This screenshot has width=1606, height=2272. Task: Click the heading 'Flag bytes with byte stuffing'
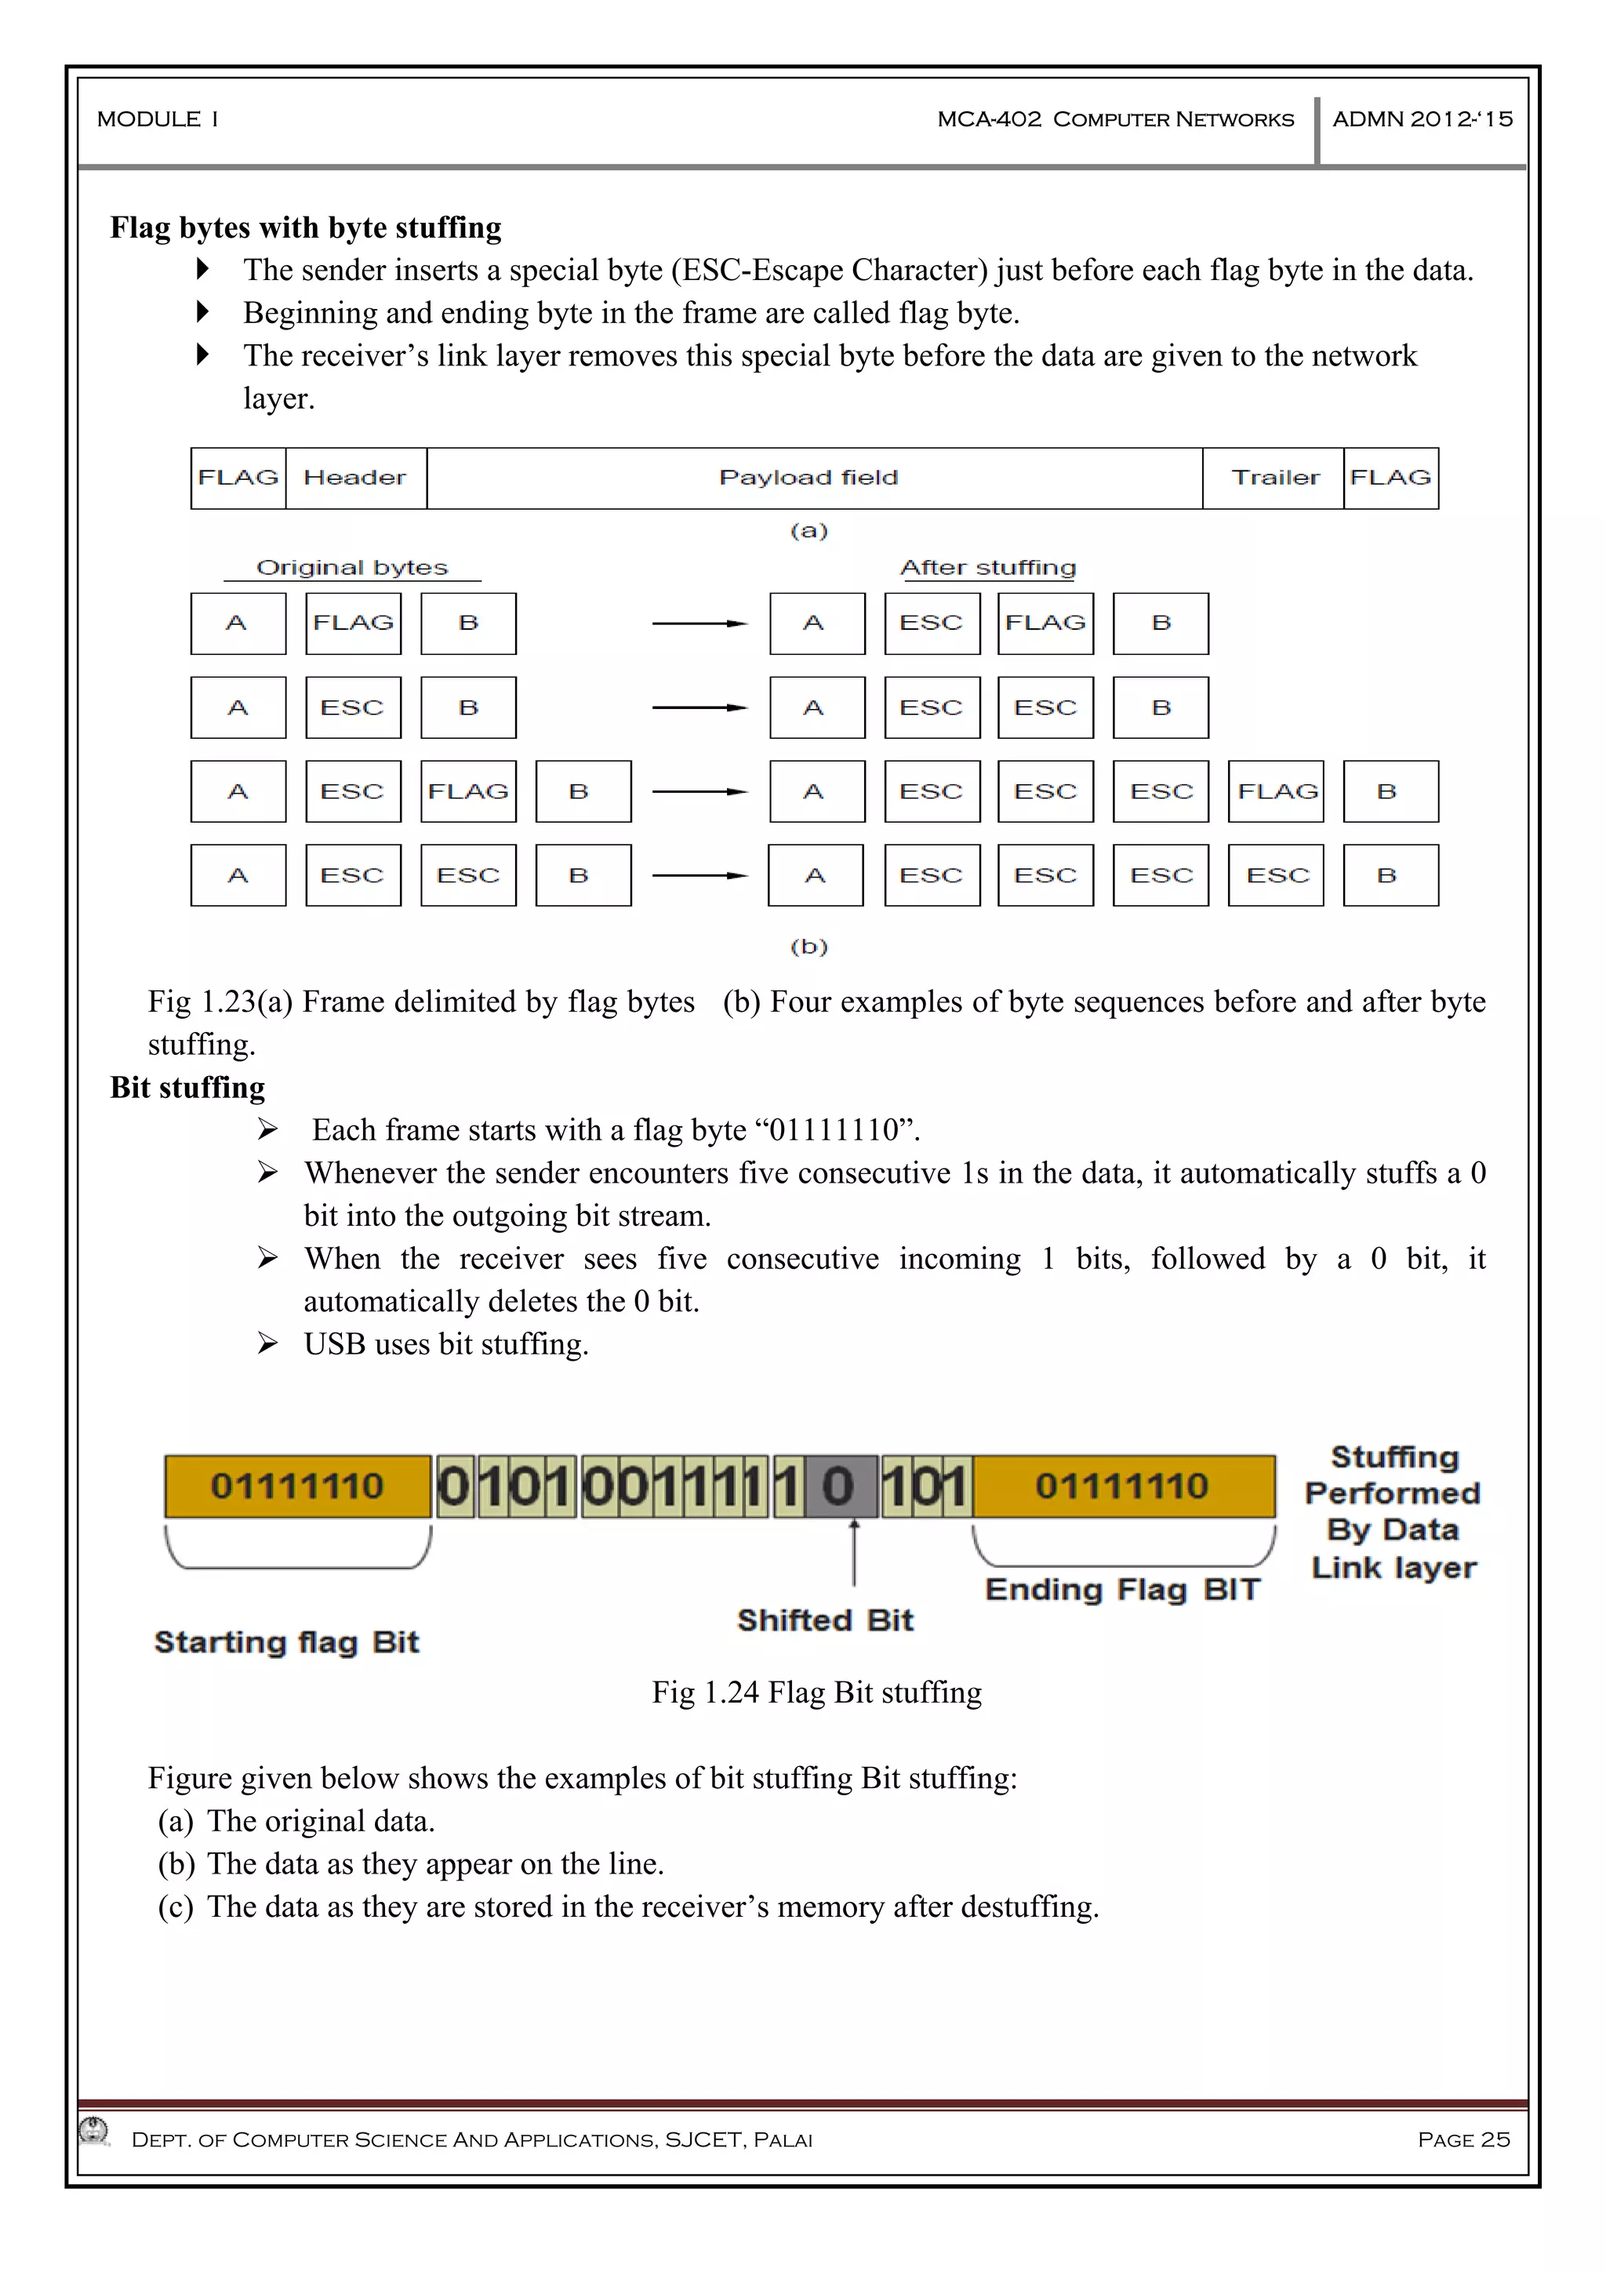[x=305, y=227]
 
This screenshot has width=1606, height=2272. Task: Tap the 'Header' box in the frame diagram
[x=355, y=478]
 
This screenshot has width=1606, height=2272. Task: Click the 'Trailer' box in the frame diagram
[x=1274, y=478]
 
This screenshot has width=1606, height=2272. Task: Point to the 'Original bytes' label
[x=351, y=567]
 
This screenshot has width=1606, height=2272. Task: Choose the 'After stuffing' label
[x=987, y=567]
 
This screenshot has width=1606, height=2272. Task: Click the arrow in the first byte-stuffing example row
[x=699, y=623]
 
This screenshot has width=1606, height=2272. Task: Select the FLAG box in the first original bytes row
[x=353, y=623]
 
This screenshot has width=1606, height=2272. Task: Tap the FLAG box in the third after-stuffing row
[x=1277, y=791]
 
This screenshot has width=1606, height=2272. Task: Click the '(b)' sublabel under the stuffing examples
[x=808, y=946]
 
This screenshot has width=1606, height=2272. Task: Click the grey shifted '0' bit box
[x=839, y=1486]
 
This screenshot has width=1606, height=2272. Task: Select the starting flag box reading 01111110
[x=297, y=1486]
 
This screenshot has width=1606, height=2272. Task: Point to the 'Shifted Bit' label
[x=824, y=1620]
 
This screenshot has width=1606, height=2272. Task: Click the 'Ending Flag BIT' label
[x=1122, y=1589]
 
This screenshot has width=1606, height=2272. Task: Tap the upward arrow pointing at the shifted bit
[x=854, y=1554]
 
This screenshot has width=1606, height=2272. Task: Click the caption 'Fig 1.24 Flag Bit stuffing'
[x=816, y=1692]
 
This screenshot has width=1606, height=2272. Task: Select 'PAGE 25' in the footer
[x=1462, y=2139]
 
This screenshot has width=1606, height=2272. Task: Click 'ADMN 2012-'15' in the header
[x=1422, y=120]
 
